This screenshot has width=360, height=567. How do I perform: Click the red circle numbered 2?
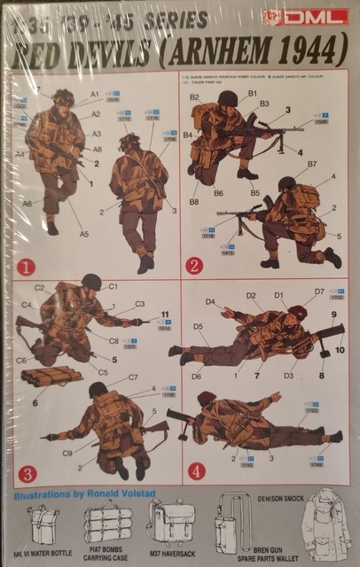pos(195,264)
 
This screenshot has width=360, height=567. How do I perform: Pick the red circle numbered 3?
pos(26,473)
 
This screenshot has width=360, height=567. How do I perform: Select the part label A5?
pos(84,234)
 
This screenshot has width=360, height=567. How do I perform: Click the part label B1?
pos(252,92)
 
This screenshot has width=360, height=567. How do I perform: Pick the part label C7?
pos(133,377)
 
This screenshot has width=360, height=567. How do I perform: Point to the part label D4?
pos(210,302)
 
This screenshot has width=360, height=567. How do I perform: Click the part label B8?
pos(194,202)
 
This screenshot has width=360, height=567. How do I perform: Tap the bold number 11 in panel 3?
pos(165,314)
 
